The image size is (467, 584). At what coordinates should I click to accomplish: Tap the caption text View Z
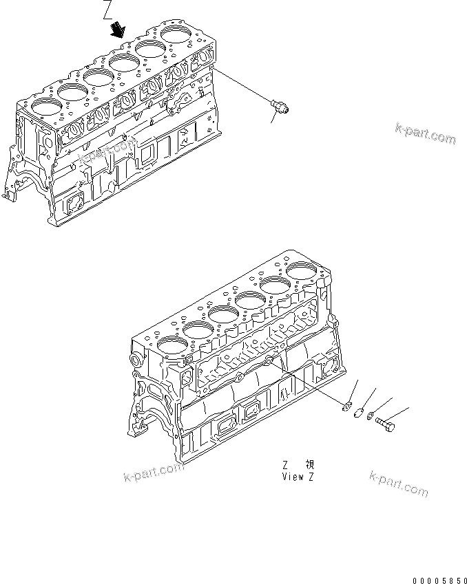(x=298, y=476)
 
